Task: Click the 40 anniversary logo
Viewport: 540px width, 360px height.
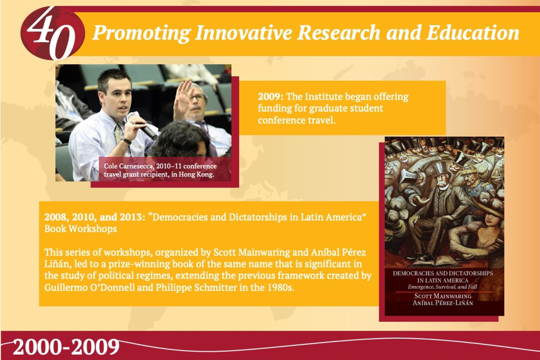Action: [x=53, y=33]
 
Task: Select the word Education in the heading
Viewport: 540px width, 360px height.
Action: [x=472, y=33]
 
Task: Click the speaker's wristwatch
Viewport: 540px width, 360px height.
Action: [x=127, y=141]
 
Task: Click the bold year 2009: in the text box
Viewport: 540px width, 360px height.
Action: [x=271, y=97]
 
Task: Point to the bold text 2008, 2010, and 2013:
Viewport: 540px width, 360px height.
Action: [x=94, y=217]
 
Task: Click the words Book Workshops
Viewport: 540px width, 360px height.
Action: [x=80, y=229]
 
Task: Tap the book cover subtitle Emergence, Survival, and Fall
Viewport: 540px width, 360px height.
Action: [x=443, y=287]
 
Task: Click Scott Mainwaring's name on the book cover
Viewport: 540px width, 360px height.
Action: [x=443, y=296]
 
